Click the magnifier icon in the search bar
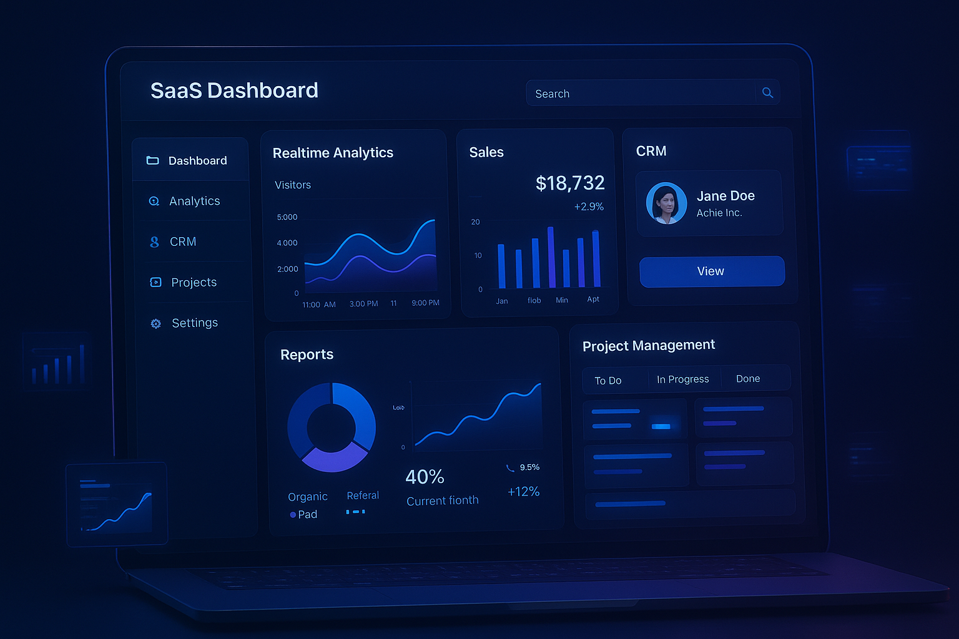tap(767, 93)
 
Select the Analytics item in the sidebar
tap(194, 201)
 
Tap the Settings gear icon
tap(155, 323)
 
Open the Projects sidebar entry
tap(194, 282)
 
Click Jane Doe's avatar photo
tap(666, 203)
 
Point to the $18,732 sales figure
tap(570, 183)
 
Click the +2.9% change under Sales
tap(589, 207)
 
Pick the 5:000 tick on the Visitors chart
tap(287, 217)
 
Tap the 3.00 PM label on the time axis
tap(363, 304)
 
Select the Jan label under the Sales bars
tap(502, 301)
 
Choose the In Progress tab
tap(682, 379)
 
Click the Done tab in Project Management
tap(748, 379)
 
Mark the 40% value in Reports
tap(425, 477)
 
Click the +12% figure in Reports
tap(523, 492)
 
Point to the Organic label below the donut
tap(308, 497)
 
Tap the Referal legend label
tap(363, 495)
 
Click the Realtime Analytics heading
tap(333, 153)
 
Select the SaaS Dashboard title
tap(234, 90)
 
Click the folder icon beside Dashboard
tap(152, 160)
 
